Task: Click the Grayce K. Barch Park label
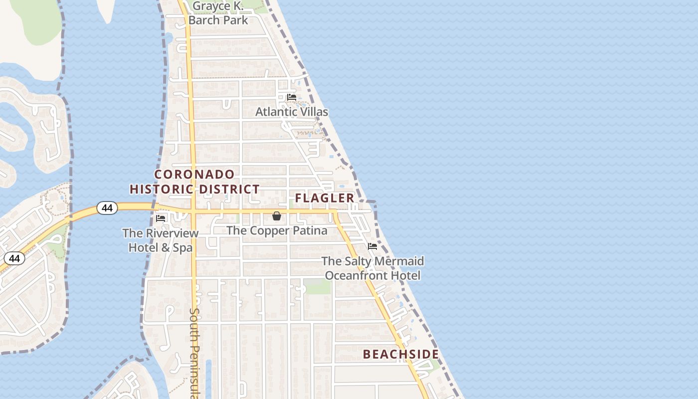tap(218, 13)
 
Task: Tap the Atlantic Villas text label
tap(292, 112)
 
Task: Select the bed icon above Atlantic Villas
tap(292, 97)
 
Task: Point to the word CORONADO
tap(194, 174)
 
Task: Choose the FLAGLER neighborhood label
tap(325, 198)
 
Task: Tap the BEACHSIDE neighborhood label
tap(401, 355)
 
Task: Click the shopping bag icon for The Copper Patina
tap(277, 216)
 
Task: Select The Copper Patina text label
tap(277, 230)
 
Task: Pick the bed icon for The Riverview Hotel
tap(161, 218)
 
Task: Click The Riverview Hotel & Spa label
tap(161, 240)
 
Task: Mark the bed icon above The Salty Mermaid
tap(372, 246)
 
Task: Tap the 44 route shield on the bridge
tap(107, 207)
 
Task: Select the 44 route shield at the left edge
tap(14, 258)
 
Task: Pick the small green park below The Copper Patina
tap(318, 286)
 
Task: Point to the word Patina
tap(310, 230)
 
